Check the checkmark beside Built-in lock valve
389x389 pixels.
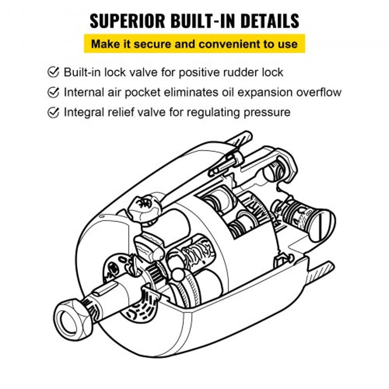tap(53, 72)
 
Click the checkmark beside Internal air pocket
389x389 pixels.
tap(53, 92)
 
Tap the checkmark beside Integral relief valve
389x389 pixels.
tap(53, 112)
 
